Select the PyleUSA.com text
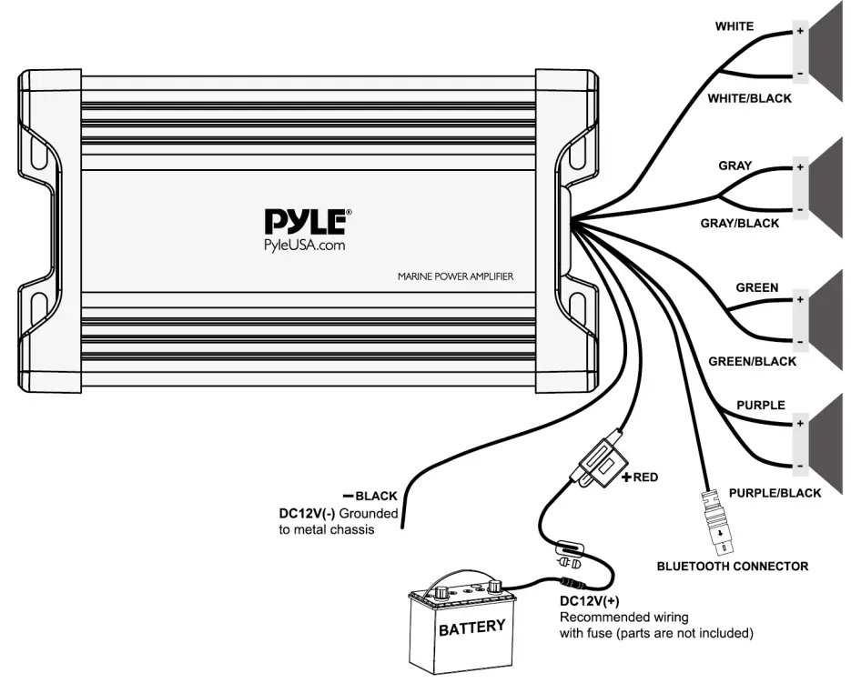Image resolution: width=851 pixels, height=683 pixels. [x=306, y=244]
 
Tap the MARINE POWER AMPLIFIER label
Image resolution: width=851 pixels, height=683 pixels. [x=455, y=276]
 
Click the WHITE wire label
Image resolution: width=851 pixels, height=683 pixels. [x=734, y=26]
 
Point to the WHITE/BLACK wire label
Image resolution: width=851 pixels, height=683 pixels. [x=749, y=98]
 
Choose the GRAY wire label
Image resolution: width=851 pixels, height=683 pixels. [x=734, y=166]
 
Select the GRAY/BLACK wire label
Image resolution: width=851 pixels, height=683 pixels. [x=739, y=223]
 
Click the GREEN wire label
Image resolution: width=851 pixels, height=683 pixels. [x=756, y=287]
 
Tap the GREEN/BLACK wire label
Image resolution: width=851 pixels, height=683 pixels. [x=752, y=361]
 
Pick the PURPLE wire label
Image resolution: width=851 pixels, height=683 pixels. [x=759, y=405]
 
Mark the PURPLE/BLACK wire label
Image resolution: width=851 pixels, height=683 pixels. [x=775, y=493]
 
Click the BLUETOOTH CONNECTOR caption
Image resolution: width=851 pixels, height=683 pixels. [x=732, y=566]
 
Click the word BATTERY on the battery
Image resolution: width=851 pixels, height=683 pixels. [x=471, y=628]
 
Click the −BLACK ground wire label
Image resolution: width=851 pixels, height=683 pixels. [x=370, y=496]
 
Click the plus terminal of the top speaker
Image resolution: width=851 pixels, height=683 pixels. [x=800, y=30]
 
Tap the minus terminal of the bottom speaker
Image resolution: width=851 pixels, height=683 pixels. [x=800, y=467]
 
